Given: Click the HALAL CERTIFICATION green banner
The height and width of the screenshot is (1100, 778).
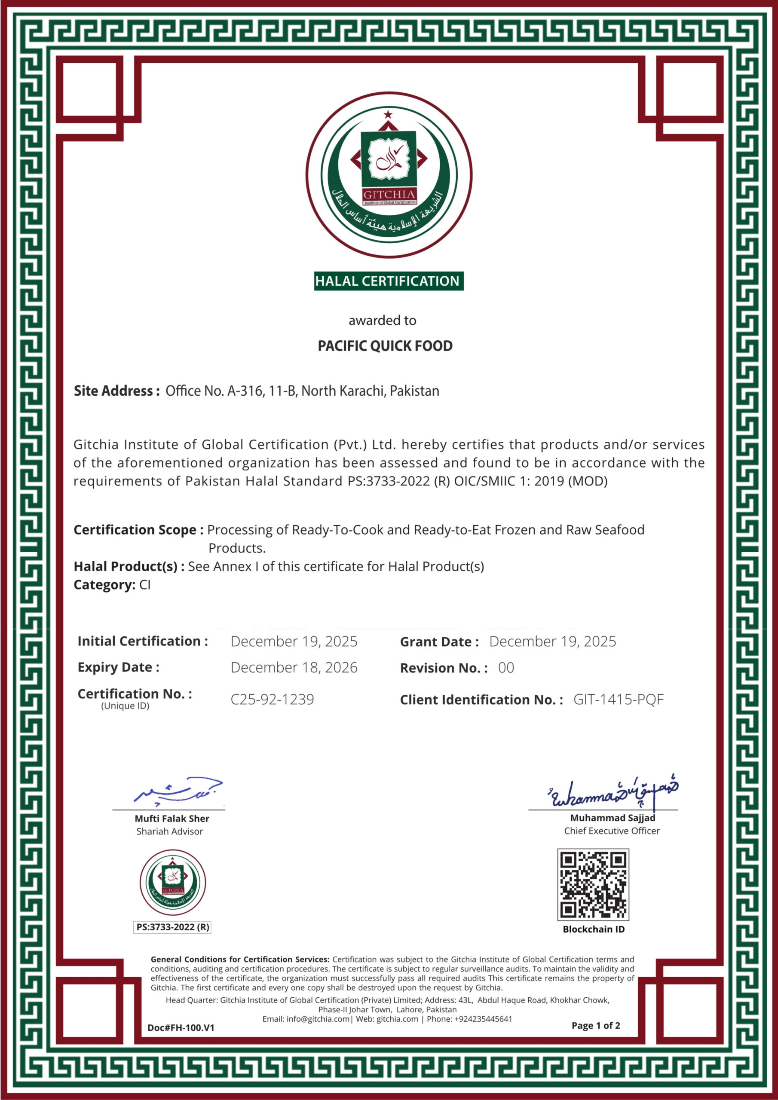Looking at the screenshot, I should tap(388, 281).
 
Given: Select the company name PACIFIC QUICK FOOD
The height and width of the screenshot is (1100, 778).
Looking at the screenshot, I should tap(385, 346).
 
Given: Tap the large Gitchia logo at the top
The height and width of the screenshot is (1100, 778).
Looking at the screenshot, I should tap(389, 174).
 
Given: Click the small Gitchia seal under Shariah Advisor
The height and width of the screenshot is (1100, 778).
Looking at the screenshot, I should tap(172, 882).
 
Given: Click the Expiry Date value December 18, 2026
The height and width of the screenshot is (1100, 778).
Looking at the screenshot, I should tap(294, 667).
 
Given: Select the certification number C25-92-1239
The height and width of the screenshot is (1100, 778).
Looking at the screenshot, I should tap(272, 700).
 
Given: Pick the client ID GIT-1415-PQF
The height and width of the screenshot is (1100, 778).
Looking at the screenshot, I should tap(619, 700).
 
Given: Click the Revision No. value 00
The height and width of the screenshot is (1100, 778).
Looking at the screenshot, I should tap(506, 668).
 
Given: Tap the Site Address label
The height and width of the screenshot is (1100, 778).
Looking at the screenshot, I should tap(116, 391).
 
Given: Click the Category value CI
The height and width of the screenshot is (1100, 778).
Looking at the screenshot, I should tap(145, 585).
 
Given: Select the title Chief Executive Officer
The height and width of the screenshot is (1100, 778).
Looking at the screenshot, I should tap(612, 831).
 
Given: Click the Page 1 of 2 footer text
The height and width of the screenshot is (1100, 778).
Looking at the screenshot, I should tap(595, 1025).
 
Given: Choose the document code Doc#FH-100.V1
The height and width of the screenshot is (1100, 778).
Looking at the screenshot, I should tap(181, 1028).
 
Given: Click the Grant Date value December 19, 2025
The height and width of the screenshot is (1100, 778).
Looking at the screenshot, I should tap(552, 642).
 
